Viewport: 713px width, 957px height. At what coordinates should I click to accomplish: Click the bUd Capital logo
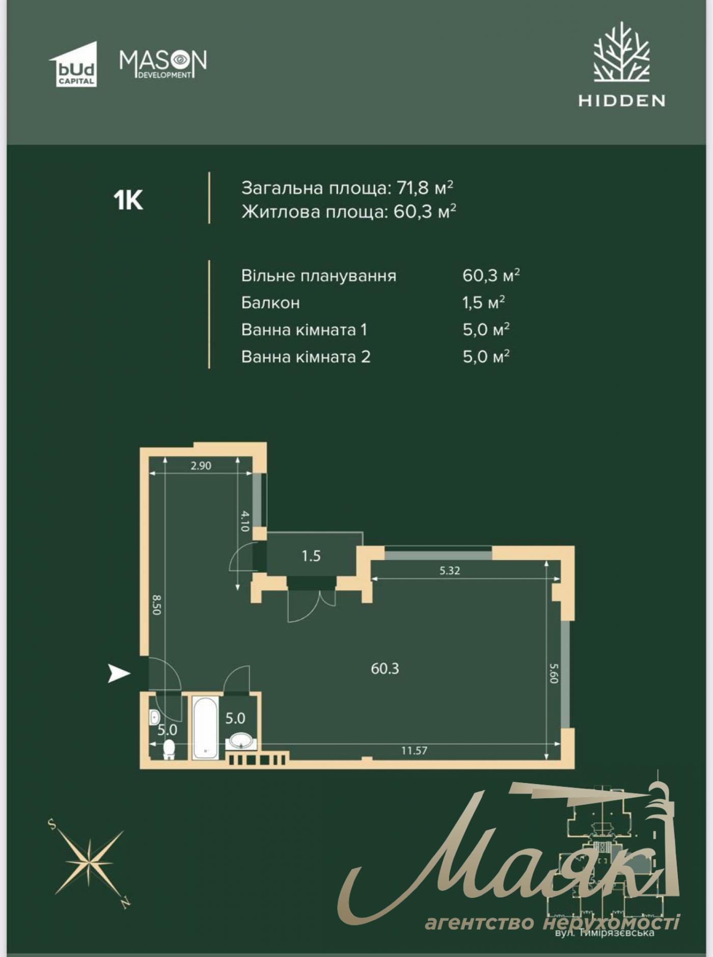click(74, 65)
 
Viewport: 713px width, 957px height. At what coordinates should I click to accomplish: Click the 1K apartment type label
click(128, 201)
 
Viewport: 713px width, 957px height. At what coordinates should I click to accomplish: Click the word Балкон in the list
click(270, 303)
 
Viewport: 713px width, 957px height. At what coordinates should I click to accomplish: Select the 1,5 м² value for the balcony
click(483, 303)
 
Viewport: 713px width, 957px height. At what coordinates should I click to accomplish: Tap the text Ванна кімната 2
click(306, 357)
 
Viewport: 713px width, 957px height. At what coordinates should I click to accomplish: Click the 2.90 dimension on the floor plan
click(201, 466)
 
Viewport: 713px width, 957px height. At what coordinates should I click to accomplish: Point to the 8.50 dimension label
click(156, 605)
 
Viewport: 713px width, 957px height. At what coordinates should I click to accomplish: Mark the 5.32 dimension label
click(450, 571)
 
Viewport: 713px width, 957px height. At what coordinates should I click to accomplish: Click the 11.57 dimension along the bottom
click(414, 750)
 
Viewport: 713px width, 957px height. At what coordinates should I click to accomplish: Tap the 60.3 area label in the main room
click(385, 668)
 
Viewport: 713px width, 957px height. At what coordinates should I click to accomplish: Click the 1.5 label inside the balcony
click(311, 556)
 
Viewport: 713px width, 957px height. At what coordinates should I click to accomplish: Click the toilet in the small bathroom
click(169, 748)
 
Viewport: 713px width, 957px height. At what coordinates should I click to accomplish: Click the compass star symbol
click(90, 862)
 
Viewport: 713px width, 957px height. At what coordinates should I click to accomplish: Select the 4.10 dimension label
click(244, 521)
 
